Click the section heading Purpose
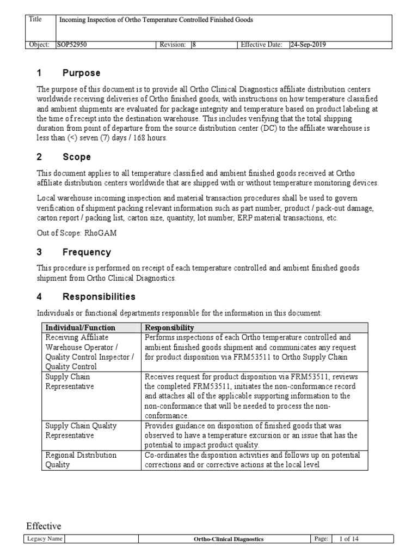tap(81, 73)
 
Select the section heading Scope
tap(77, 157)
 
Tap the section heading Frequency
tap(87, 252)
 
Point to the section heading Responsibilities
tap(99, 297)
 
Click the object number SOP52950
tap(72, 45)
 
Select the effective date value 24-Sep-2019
tap(308, 45)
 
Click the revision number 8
tap(194, 45)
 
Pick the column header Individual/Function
tap(73, 327)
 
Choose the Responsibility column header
tap(169, 327)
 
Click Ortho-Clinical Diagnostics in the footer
tap(229, 539)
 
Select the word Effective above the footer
tap(44, 526)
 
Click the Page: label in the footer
tap(321, 539)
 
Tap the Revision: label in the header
tap(173, 45)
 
